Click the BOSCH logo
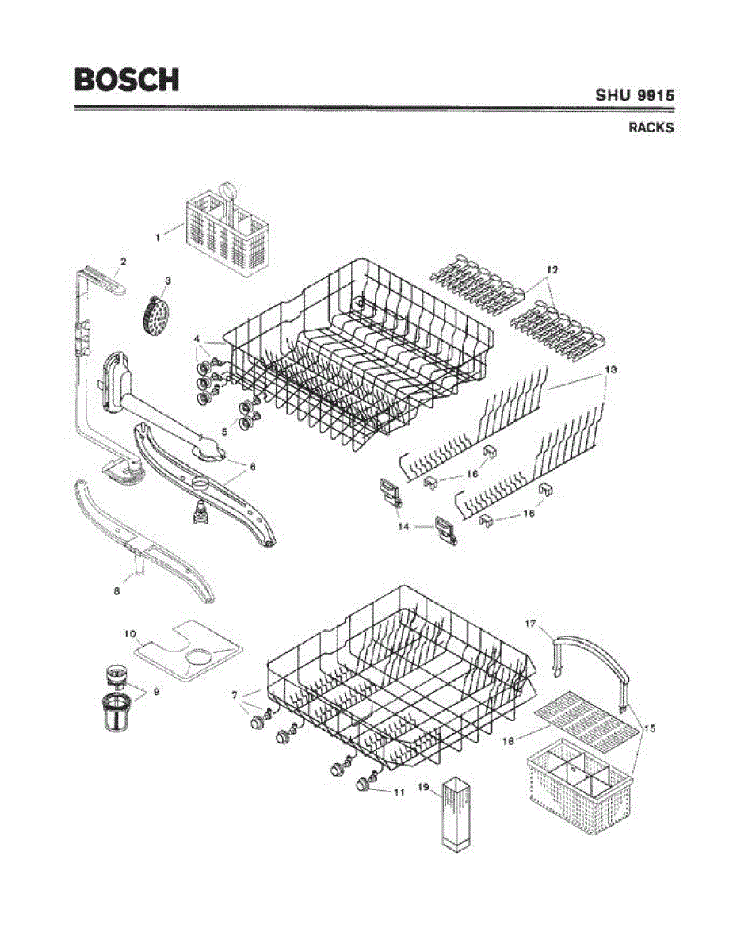pyautogui.click(x=127, y=79)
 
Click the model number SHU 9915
pyautogui.click(x=635, y=95)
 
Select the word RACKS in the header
pyautogui.click(x=651, y=127)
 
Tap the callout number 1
pyautogui.click(x=158, y=236)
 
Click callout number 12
pyautogui.click(x=552, y=270)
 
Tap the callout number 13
pyautogui.click(x=610, y=369)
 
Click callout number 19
pyautogui.click(x=423, y=787)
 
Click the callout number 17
pyautogui.click(x=530, y=624)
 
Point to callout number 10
pyautogui.click(x=132, y=632)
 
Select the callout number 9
pyautogui.click(x=156, y=691)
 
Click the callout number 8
pyautogui.click(x=116, y=590)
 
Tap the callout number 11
pyautogui.click(x=399, y=791)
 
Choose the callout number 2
pyautogui.click(x=123, y=261)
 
